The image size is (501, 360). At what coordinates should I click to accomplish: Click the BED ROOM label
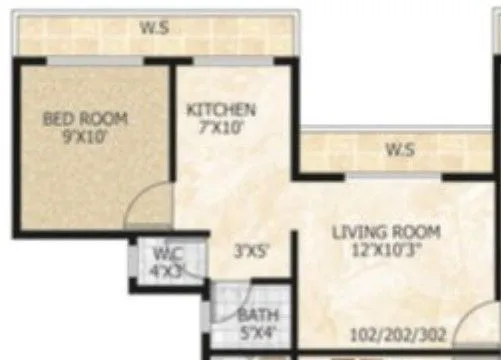(84, 119)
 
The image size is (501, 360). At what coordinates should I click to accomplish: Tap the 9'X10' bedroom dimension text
(84, 135)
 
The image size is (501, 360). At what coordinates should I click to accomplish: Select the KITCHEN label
(221, 109)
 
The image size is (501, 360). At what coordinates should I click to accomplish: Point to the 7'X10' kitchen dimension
(221, 125)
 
